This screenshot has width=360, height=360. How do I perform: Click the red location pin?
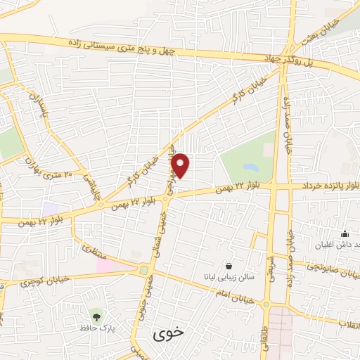click(181, 165)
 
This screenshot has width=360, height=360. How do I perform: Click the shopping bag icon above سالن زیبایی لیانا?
click(230, 266)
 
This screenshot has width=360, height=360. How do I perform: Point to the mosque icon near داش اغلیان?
click(344, 234)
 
